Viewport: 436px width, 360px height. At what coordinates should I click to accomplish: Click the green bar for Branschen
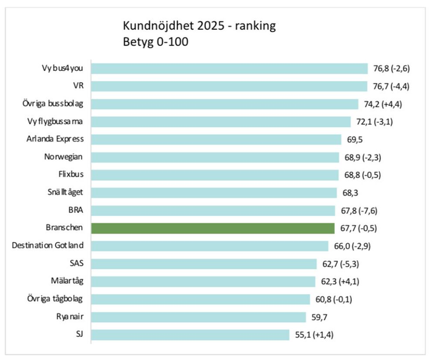tap(213, 228)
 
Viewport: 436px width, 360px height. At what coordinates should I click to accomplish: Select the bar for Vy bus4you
tap(230, 68)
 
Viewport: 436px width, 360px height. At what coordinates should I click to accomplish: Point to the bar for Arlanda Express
tap(216, 139)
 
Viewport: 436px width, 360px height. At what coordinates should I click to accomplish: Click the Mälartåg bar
tap(204, 281)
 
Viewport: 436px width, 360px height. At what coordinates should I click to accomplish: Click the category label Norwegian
tap(64, 157)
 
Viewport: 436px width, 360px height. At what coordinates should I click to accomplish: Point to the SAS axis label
tap(76, 263)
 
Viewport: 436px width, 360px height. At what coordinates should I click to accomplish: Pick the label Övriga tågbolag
tap(55, 299)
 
